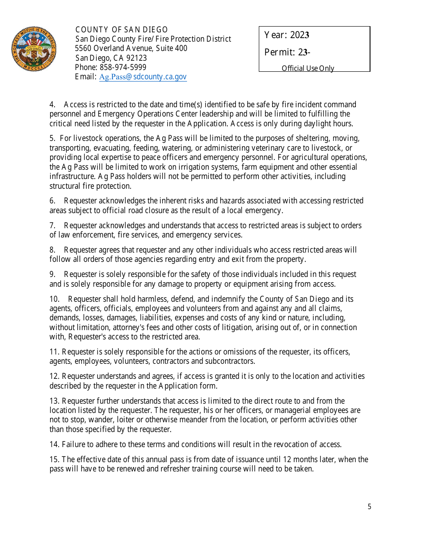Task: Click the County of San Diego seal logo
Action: pos(34,49)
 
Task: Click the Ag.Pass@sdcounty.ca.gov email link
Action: pos(143,77)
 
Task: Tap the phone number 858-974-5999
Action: pos(123,67)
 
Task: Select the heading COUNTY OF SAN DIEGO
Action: pos(121,30)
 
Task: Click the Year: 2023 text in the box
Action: pos(287,35)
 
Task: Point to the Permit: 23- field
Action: pos(287,52)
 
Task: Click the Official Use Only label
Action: pos(308,68)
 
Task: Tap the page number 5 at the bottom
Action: pos(369,507)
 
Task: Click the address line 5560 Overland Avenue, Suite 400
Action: pos(131,48)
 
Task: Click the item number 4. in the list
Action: pos(53,105)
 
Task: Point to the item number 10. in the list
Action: pos(55,299)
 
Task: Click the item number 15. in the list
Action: pos(54,459)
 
